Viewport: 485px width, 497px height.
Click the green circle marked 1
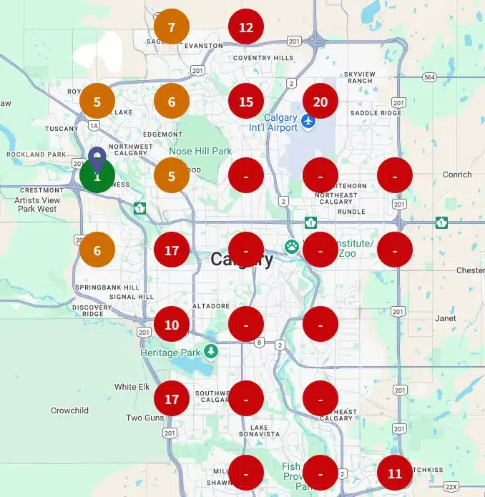click(97, 176)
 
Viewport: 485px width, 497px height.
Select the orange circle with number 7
click(172, 28)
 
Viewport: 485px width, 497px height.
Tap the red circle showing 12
click(246, 28)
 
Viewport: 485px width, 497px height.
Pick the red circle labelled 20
click(320, 102)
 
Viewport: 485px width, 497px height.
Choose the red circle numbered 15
click(246, 102)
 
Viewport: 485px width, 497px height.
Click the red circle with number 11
click(395, 473)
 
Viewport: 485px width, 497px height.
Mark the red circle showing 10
click(172, 324)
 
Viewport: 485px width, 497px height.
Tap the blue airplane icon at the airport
click(308, 122)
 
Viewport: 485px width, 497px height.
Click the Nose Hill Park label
click(200, 151)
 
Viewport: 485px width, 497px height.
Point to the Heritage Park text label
click(170, 353)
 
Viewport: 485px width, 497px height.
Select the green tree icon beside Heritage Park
click(210, 351)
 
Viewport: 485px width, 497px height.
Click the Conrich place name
click(457, 174)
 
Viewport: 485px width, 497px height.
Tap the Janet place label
click(445, 318)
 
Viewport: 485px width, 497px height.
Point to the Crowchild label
click(69, 410)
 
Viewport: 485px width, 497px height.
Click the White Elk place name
click(132, 387)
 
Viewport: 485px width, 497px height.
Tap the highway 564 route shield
click(428, 77)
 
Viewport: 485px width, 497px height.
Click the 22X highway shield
click(451, 486)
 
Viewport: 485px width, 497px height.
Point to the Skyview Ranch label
click(358, 77)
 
